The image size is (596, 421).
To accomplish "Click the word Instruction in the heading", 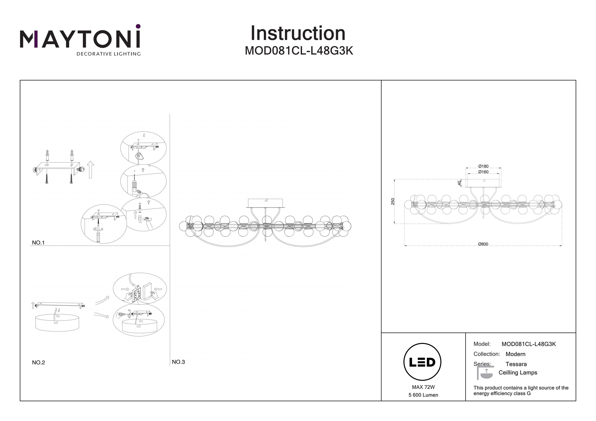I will click(x=298, y=34).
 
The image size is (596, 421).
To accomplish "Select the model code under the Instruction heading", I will click(x=299, y=51).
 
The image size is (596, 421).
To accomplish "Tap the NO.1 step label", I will click(x=38, y=243).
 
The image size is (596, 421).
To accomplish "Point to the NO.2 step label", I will click(x=38, y=363).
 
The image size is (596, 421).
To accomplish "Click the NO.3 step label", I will click(x=178, y=362).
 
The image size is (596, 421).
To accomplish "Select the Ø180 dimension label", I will click(x=483, y=166).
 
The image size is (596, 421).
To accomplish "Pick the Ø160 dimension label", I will click(x=483, y=172).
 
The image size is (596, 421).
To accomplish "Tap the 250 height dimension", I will click(x=393, y=201).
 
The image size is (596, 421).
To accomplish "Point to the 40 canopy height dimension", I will click(x=459, y=183).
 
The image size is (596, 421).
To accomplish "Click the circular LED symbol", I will click(x=422, y=362).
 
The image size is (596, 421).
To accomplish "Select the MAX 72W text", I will click(x=423, y=387).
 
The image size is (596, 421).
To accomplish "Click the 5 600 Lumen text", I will click(x=423, y=395).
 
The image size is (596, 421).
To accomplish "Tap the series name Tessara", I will click(x=516, y=364).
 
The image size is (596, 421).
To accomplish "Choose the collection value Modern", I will click(x=515, y=354).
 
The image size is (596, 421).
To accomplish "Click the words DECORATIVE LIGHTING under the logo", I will click(x=108, y=54).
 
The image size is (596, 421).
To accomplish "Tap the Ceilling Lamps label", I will click(x=518, y=373).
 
